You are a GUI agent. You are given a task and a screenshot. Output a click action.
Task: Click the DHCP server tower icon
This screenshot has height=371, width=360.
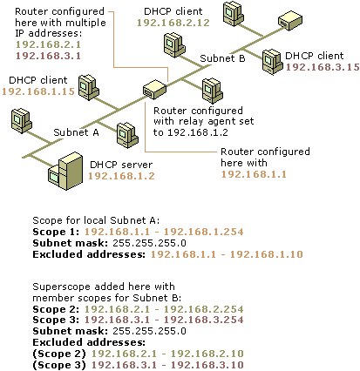[65, 171]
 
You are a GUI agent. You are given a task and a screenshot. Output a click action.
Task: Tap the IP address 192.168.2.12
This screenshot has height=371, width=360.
[173, 23]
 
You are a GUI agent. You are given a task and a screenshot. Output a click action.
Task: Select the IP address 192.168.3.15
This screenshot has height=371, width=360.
[323, 67]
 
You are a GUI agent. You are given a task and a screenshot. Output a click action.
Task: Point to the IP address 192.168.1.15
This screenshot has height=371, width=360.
[38, 91]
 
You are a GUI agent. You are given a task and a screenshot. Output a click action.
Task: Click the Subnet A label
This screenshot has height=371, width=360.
[76, 132]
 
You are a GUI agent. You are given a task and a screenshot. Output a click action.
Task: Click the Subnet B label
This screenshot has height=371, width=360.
[222, 58]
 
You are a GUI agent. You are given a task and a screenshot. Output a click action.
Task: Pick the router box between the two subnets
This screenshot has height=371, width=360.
[154, 90]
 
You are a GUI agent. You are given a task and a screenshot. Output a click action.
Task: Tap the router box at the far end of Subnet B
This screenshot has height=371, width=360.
[290, 20]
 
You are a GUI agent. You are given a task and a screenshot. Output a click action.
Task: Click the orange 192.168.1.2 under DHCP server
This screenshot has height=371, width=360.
[121, 176]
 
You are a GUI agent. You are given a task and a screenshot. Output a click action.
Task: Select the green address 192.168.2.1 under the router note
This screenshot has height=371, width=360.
[48, 44]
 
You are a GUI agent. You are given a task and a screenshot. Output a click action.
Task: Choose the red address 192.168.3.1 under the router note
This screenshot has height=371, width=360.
[48, 56]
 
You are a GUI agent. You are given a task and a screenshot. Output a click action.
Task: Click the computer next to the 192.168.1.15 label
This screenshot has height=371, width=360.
[89, 88]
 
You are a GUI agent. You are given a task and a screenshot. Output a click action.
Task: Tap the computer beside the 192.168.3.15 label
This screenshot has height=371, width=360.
[272, 62]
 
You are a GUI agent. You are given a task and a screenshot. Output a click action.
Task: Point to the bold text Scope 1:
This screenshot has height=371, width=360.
[56, 232]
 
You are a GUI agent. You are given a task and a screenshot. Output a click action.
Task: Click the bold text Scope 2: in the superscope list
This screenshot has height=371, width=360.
[56, 309]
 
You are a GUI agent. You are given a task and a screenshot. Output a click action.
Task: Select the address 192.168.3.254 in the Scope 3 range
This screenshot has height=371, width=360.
[203, 320]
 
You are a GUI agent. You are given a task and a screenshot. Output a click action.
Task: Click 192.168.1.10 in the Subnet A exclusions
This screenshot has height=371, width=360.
[267, 254]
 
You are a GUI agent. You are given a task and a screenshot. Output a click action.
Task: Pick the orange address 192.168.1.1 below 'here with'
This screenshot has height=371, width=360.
[254, 174]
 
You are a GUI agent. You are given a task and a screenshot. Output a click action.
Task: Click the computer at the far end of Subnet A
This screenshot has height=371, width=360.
[21, 121]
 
